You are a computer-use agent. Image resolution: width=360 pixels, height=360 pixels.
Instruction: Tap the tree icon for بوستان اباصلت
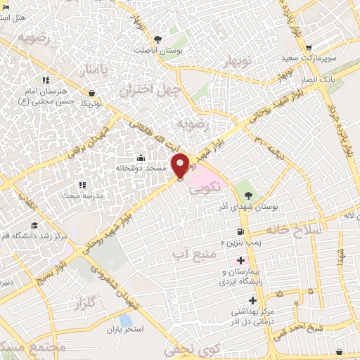click(x=157, y=39)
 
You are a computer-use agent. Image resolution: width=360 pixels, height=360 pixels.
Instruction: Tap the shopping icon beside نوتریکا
click(x=92, y=93)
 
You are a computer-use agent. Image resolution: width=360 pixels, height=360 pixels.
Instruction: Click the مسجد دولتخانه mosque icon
click(x=141, y=158)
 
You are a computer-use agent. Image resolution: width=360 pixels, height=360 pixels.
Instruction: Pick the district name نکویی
click(x=210, y=186)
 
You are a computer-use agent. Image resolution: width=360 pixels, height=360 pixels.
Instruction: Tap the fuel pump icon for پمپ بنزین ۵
click(x=241, y=231)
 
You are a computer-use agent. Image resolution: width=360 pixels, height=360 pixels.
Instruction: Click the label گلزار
click(x=83, y=303)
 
